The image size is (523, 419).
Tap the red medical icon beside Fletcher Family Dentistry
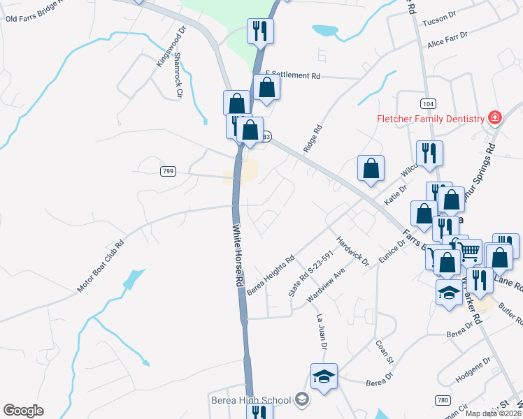pos(495,117)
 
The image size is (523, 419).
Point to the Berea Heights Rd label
pos(268,273)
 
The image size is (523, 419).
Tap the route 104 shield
pos(427,103)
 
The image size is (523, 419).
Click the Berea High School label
pos(250,400)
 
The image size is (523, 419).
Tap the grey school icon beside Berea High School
pos(302,399)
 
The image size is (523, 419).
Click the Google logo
pos(23,411)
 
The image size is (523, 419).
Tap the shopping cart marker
pos(470,251)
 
